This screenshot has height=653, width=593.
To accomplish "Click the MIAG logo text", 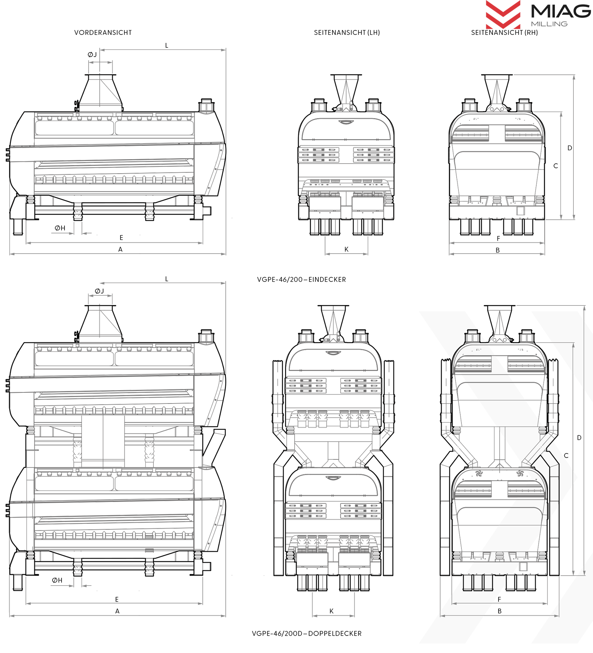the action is pos(561,11).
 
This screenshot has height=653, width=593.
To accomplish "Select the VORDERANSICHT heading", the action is pos(103,33).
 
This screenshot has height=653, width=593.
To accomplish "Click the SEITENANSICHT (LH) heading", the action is pos(347,33).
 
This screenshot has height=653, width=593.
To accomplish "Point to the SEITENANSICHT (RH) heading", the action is pos(504,33).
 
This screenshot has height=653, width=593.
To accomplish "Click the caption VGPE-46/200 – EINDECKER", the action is pos(302,279).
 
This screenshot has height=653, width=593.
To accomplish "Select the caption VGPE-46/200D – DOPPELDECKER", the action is pos(307,633).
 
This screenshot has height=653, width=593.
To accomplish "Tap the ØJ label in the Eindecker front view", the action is pos(92,54).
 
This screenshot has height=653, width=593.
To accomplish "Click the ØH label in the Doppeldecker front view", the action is pos(57,580).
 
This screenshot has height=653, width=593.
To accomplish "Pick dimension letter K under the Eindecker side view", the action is pos(347,250).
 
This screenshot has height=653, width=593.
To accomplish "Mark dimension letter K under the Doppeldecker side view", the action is pos(332,611).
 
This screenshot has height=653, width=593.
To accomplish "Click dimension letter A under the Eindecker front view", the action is pos(120,250).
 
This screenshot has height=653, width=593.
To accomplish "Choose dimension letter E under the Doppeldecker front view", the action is pos(117,599).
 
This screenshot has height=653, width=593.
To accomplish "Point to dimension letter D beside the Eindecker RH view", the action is pos(570,148).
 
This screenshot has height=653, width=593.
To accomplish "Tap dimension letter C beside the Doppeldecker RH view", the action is pos(566,456).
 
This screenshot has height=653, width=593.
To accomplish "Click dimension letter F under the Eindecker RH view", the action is pos(498,239).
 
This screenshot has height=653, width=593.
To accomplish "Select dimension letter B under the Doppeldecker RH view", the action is pos(500,611).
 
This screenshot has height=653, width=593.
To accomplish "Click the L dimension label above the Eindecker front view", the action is pos(167,46).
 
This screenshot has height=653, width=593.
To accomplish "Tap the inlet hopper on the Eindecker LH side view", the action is pos(346,91).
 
